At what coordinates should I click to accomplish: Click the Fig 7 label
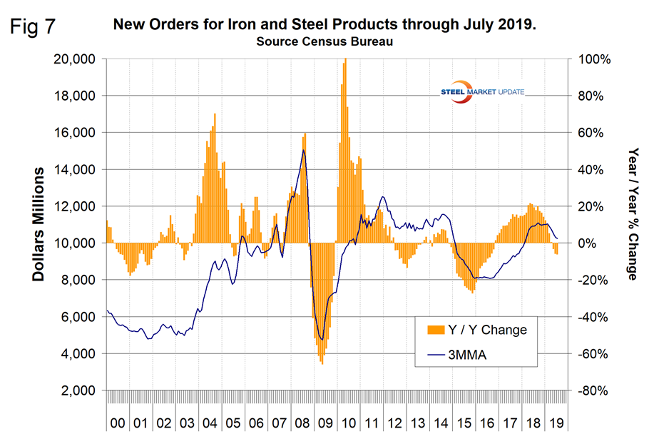pos(34,28)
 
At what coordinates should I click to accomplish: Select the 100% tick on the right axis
pos(596,59)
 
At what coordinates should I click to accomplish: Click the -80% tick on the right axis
pos(596,390)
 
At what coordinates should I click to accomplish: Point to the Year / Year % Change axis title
pos(631,214)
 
